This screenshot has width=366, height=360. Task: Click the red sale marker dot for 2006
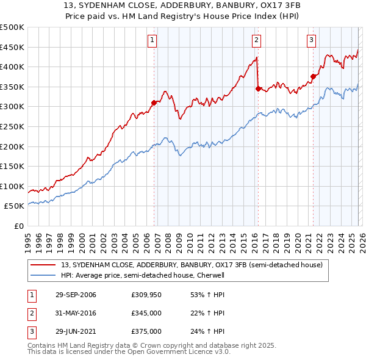(154, 103)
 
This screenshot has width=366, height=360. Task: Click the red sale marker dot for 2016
(258, 88)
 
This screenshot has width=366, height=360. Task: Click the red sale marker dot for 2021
(313, 77)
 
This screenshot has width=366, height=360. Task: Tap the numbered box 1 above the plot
(152, 40)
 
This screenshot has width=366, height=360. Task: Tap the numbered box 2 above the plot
(256, 40)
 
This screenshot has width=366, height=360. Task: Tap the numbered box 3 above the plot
(311, 40)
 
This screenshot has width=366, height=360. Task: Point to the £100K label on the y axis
(12, 186)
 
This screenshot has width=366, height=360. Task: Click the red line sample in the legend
(43, 265)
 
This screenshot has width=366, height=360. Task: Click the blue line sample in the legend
(43, 275)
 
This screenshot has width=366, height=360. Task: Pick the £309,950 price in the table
(146, 295)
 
